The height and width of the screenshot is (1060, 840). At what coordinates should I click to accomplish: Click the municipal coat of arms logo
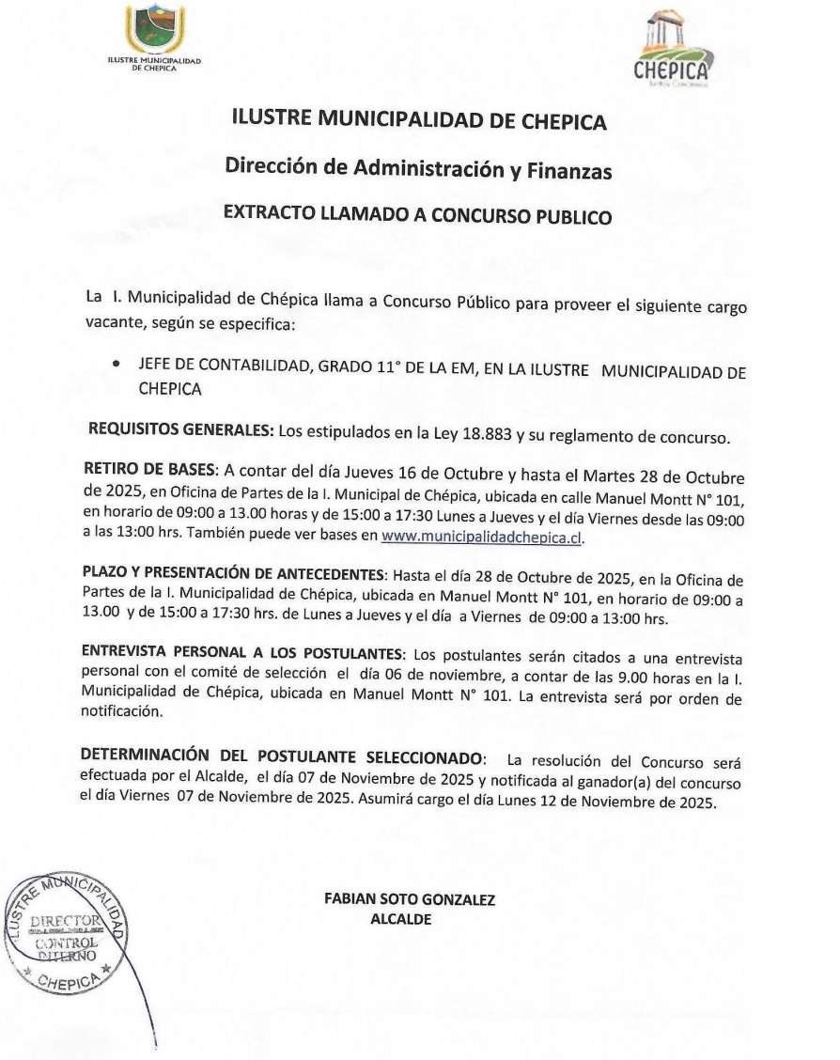point(155,29)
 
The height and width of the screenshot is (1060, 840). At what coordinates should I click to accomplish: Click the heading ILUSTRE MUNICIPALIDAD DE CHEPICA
point(419,121)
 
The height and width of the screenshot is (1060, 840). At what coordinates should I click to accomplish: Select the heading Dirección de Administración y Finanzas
point(418,170)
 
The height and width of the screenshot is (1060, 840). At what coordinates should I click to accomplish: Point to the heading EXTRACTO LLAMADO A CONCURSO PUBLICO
point(418,217)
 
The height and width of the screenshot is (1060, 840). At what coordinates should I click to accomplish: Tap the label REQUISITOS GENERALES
point(180,429)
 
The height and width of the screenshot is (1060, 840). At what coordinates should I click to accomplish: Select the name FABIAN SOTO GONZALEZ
point(410,899)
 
